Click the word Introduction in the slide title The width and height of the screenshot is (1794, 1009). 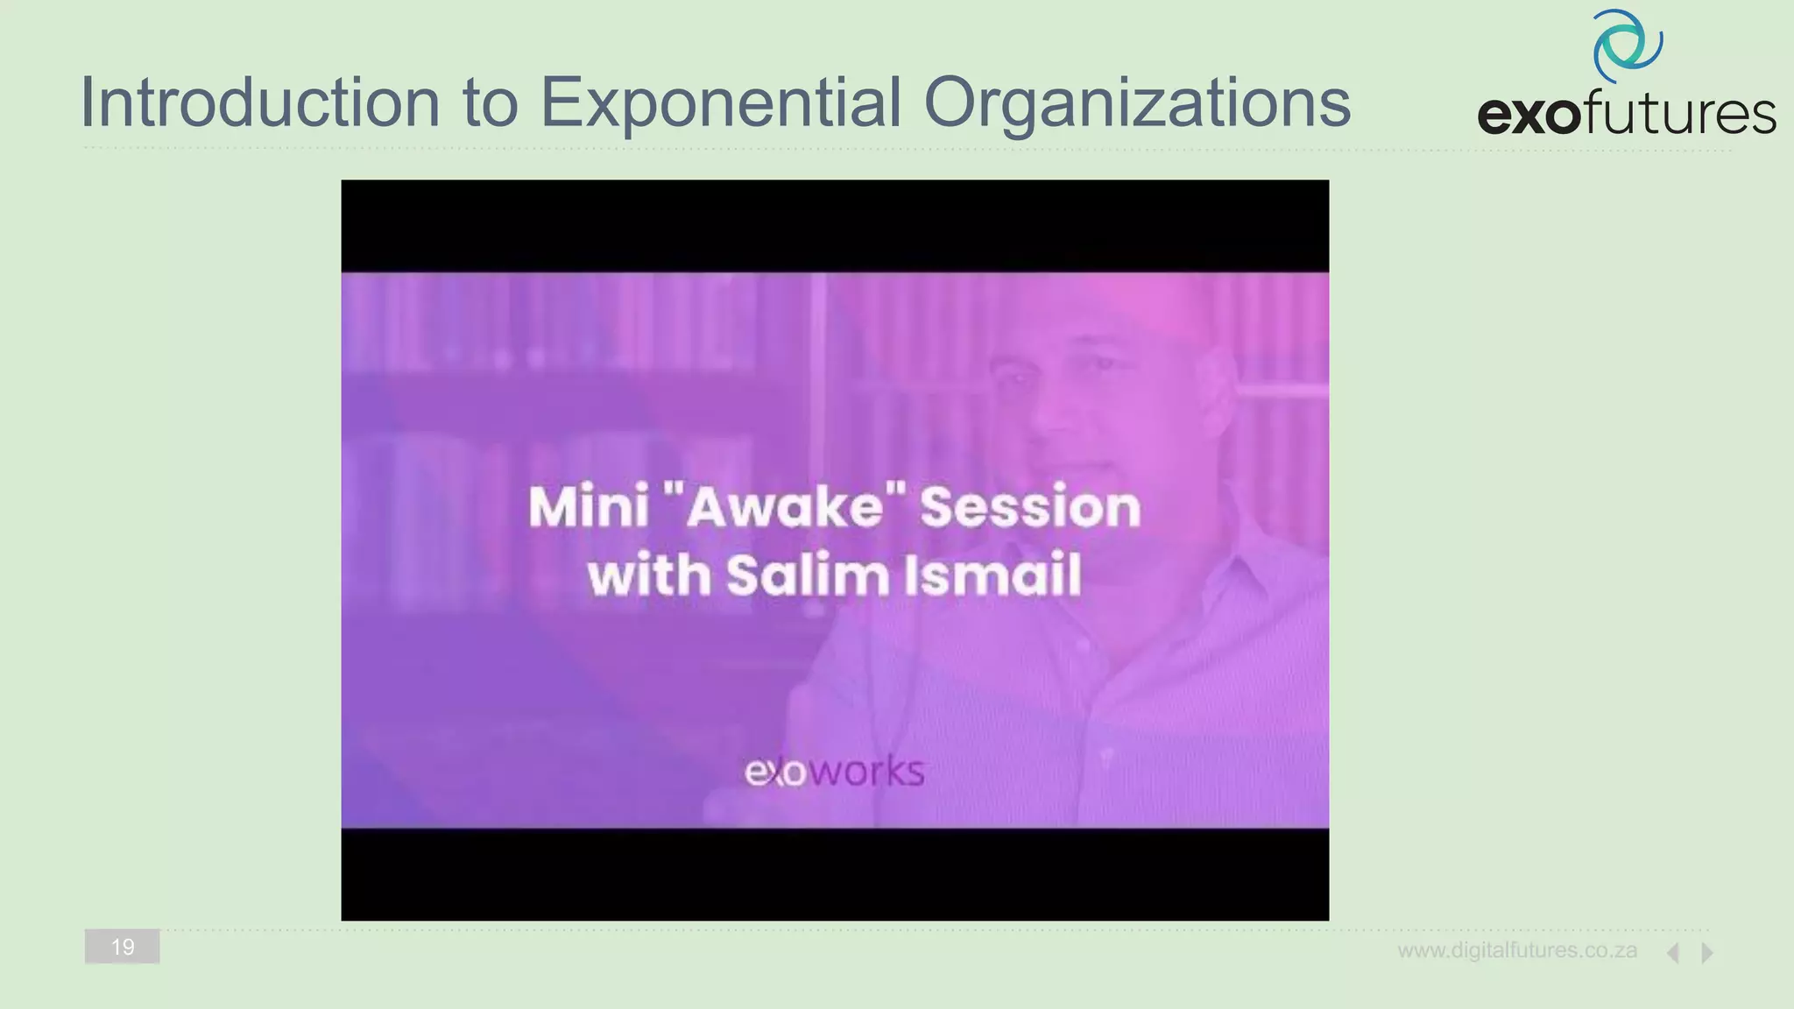tap(259, 102)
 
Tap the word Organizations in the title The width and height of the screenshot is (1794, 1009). tap(1137, 102)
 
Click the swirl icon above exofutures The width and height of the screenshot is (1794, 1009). tap(1628, 46)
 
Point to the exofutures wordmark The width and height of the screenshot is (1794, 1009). tap(1626, 115)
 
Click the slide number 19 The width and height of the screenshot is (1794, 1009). tap(123, 947)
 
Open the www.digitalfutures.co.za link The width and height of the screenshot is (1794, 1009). tap(1517, 950)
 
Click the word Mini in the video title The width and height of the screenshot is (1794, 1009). tap(588, 507)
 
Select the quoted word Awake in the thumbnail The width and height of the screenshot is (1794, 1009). tap(784, 507)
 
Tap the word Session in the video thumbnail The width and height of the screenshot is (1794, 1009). tap(1030, 507)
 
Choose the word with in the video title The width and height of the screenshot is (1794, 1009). tap(649, 575)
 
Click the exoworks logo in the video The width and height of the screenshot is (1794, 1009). tap(834, 772)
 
